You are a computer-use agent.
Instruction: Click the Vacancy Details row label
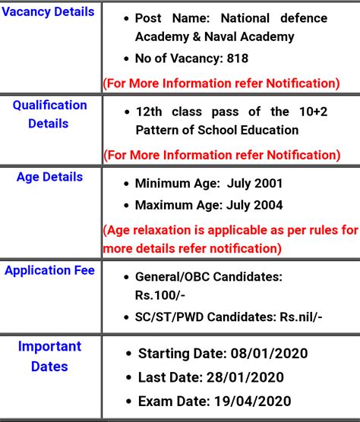pyautogui.click(x=49, y=12)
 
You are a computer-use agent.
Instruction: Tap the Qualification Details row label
pyautogui.click(x=49, y=114)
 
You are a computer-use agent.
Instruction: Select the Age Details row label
pyautogui.click(x=49, y=177)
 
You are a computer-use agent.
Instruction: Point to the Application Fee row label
pyautogui.click(x=49, y=270)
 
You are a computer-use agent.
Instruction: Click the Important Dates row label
pyautogui.click(x=49, y=357)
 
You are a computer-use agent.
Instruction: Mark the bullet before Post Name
pyautogui.click(x=125, y=19)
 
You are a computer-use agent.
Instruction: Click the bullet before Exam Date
pyautogui.click(x=128, y=401)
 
